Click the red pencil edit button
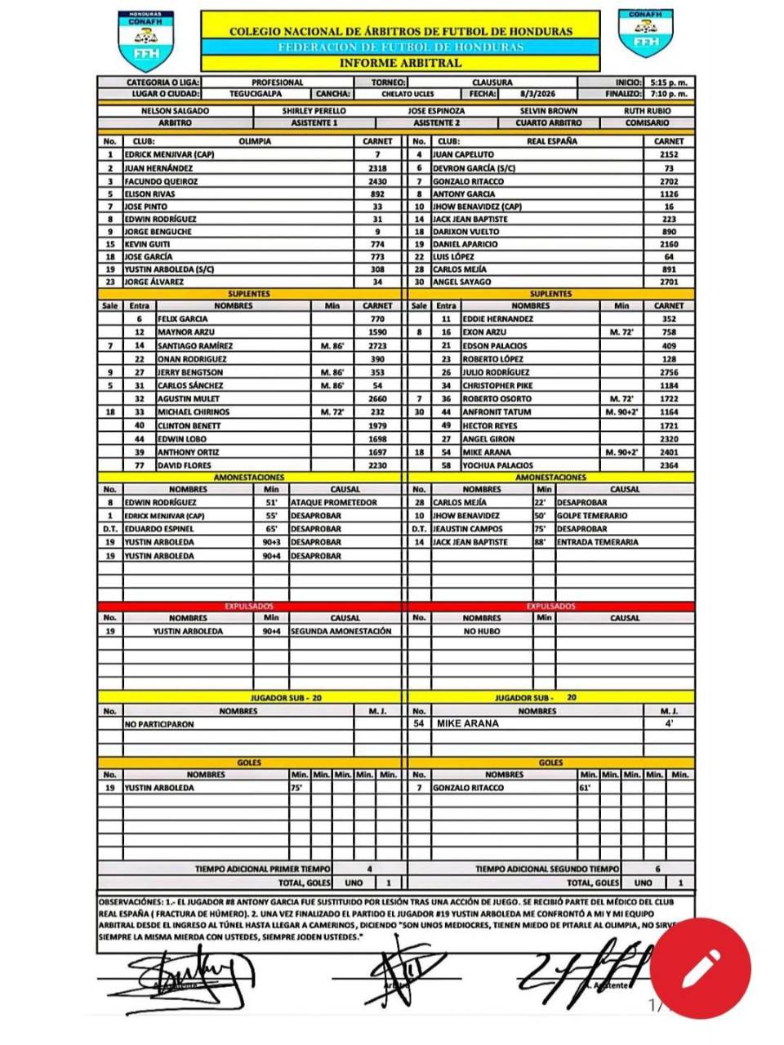[x=700, y=968]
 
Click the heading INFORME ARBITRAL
[x=400, y=63]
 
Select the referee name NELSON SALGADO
[x=175, y=110]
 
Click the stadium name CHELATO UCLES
[x=408, y=94]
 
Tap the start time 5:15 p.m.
[x=669, y=82]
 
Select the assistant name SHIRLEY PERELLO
[x=314, y=110]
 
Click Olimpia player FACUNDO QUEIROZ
[x=161, y=181]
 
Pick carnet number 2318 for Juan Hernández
[x=377, y=168]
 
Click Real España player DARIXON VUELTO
[x=465, y=232]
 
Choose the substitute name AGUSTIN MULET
[x=189, y=399]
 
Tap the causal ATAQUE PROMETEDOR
[x=333, y=503]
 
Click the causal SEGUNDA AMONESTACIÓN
[x=341, y=631]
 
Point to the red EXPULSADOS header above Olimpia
[x=249, y=607]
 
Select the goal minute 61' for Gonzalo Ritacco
[x=585, y=788]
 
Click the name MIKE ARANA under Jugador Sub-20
[x=467, y=723]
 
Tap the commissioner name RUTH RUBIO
[x=647, y=110]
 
